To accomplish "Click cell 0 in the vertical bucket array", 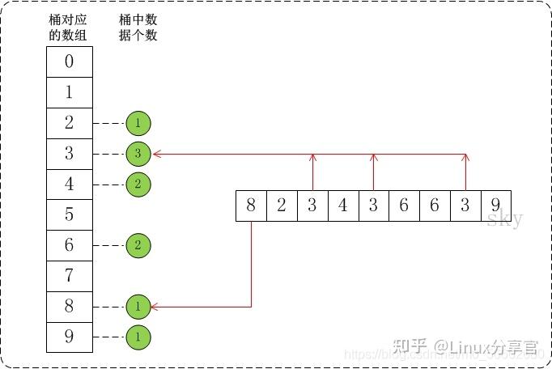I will [x=69, y=61].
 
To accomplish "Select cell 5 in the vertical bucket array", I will [x=69, y=215].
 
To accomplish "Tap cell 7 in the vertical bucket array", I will [x=69, y=276].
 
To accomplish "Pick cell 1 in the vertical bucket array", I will [x=69, y=92].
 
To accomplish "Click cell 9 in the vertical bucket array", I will [x=69, y=337].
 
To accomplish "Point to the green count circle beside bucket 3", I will [x=138, y=154].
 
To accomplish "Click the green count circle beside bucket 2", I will [x=138, y=123].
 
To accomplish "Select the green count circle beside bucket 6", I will [x=138, y=245].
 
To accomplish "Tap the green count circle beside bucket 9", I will [x=138, y=337].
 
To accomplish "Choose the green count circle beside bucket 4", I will [x=138, y=184].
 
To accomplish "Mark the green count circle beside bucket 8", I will [x=138, y=307].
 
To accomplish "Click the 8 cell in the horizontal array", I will [x=251, y=206].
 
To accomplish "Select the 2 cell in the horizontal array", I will [x=282, y=206].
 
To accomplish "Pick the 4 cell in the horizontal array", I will [x=342, y=206].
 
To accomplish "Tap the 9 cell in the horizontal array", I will [x=495, y=206].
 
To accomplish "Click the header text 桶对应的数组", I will [x=68, y=28].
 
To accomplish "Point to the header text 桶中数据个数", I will [x=138, y=28].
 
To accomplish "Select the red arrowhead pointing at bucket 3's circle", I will [x=155, y=154].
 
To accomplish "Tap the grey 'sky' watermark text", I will [x=505, y=219].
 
